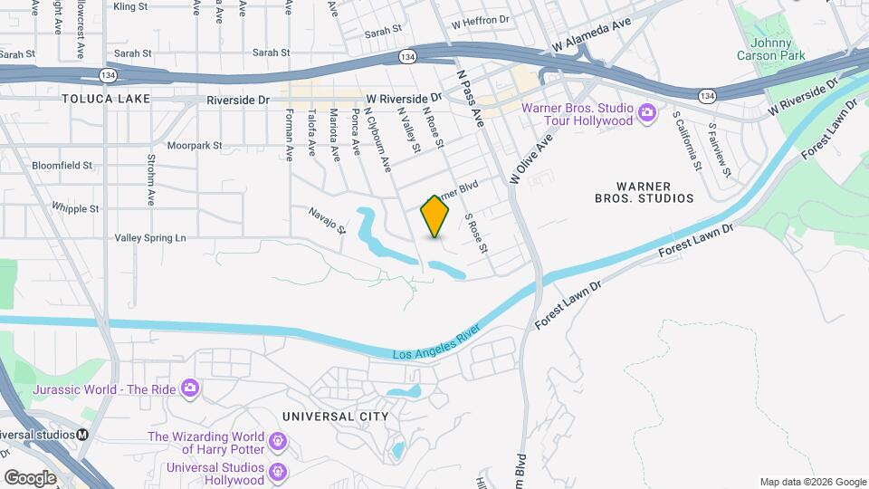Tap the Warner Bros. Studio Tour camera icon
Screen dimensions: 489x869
[646, 113]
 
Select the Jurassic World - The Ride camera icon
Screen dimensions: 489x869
[189, 388]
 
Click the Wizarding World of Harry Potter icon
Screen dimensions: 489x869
[277, 441]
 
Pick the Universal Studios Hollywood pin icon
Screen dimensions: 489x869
[277, 473]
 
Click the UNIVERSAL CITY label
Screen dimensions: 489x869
[335, 417]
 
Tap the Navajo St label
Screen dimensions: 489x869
[327, 220]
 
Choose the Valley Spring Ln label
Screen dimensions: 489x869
[149, 238]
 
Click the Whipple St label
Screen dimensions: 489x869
[75, 208]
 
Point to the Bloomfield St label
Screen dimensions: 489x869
[62, 166]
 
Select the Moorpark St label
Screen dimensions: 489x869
[195, 145]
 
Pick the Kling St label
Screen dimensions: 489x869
[131, 6]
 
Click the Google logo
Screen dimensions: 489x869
[30, 477]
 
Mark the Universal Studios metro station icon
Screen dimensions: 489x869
[82, 434]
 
